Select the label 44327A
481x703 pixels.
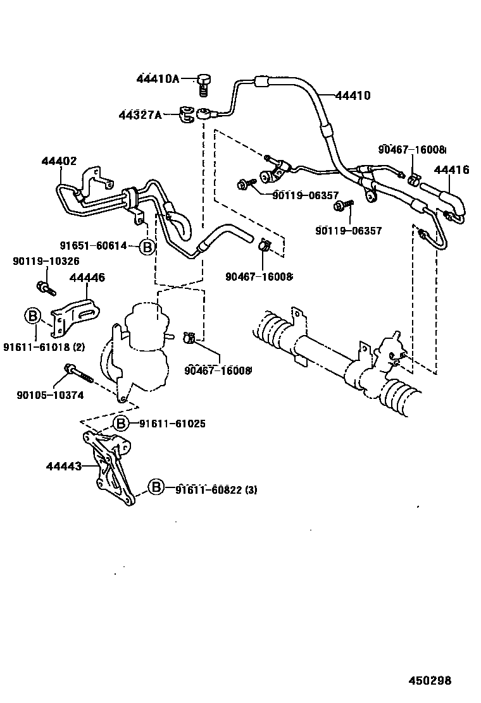[x=140, y=115]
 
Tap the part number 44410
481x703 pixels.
[x=353, y=96]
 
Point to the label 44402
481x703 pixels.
[x=59, y=162]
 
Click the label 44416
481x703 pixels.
[x=451, y=169]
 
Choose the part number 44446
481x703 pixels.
[x=87, y=278]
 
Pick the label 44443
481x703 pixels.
[x=63, y=467]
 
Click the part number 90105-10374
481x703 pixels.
[x=50, y=395]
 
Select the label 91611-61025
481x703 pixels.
[x=172, y=424]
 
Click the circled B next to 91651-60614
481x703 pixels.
[x=146, y=247]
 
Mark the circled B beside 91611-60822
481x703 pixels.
[x=156, y=487]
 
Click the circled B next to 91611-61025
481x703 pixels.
[x=121, y=424]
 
